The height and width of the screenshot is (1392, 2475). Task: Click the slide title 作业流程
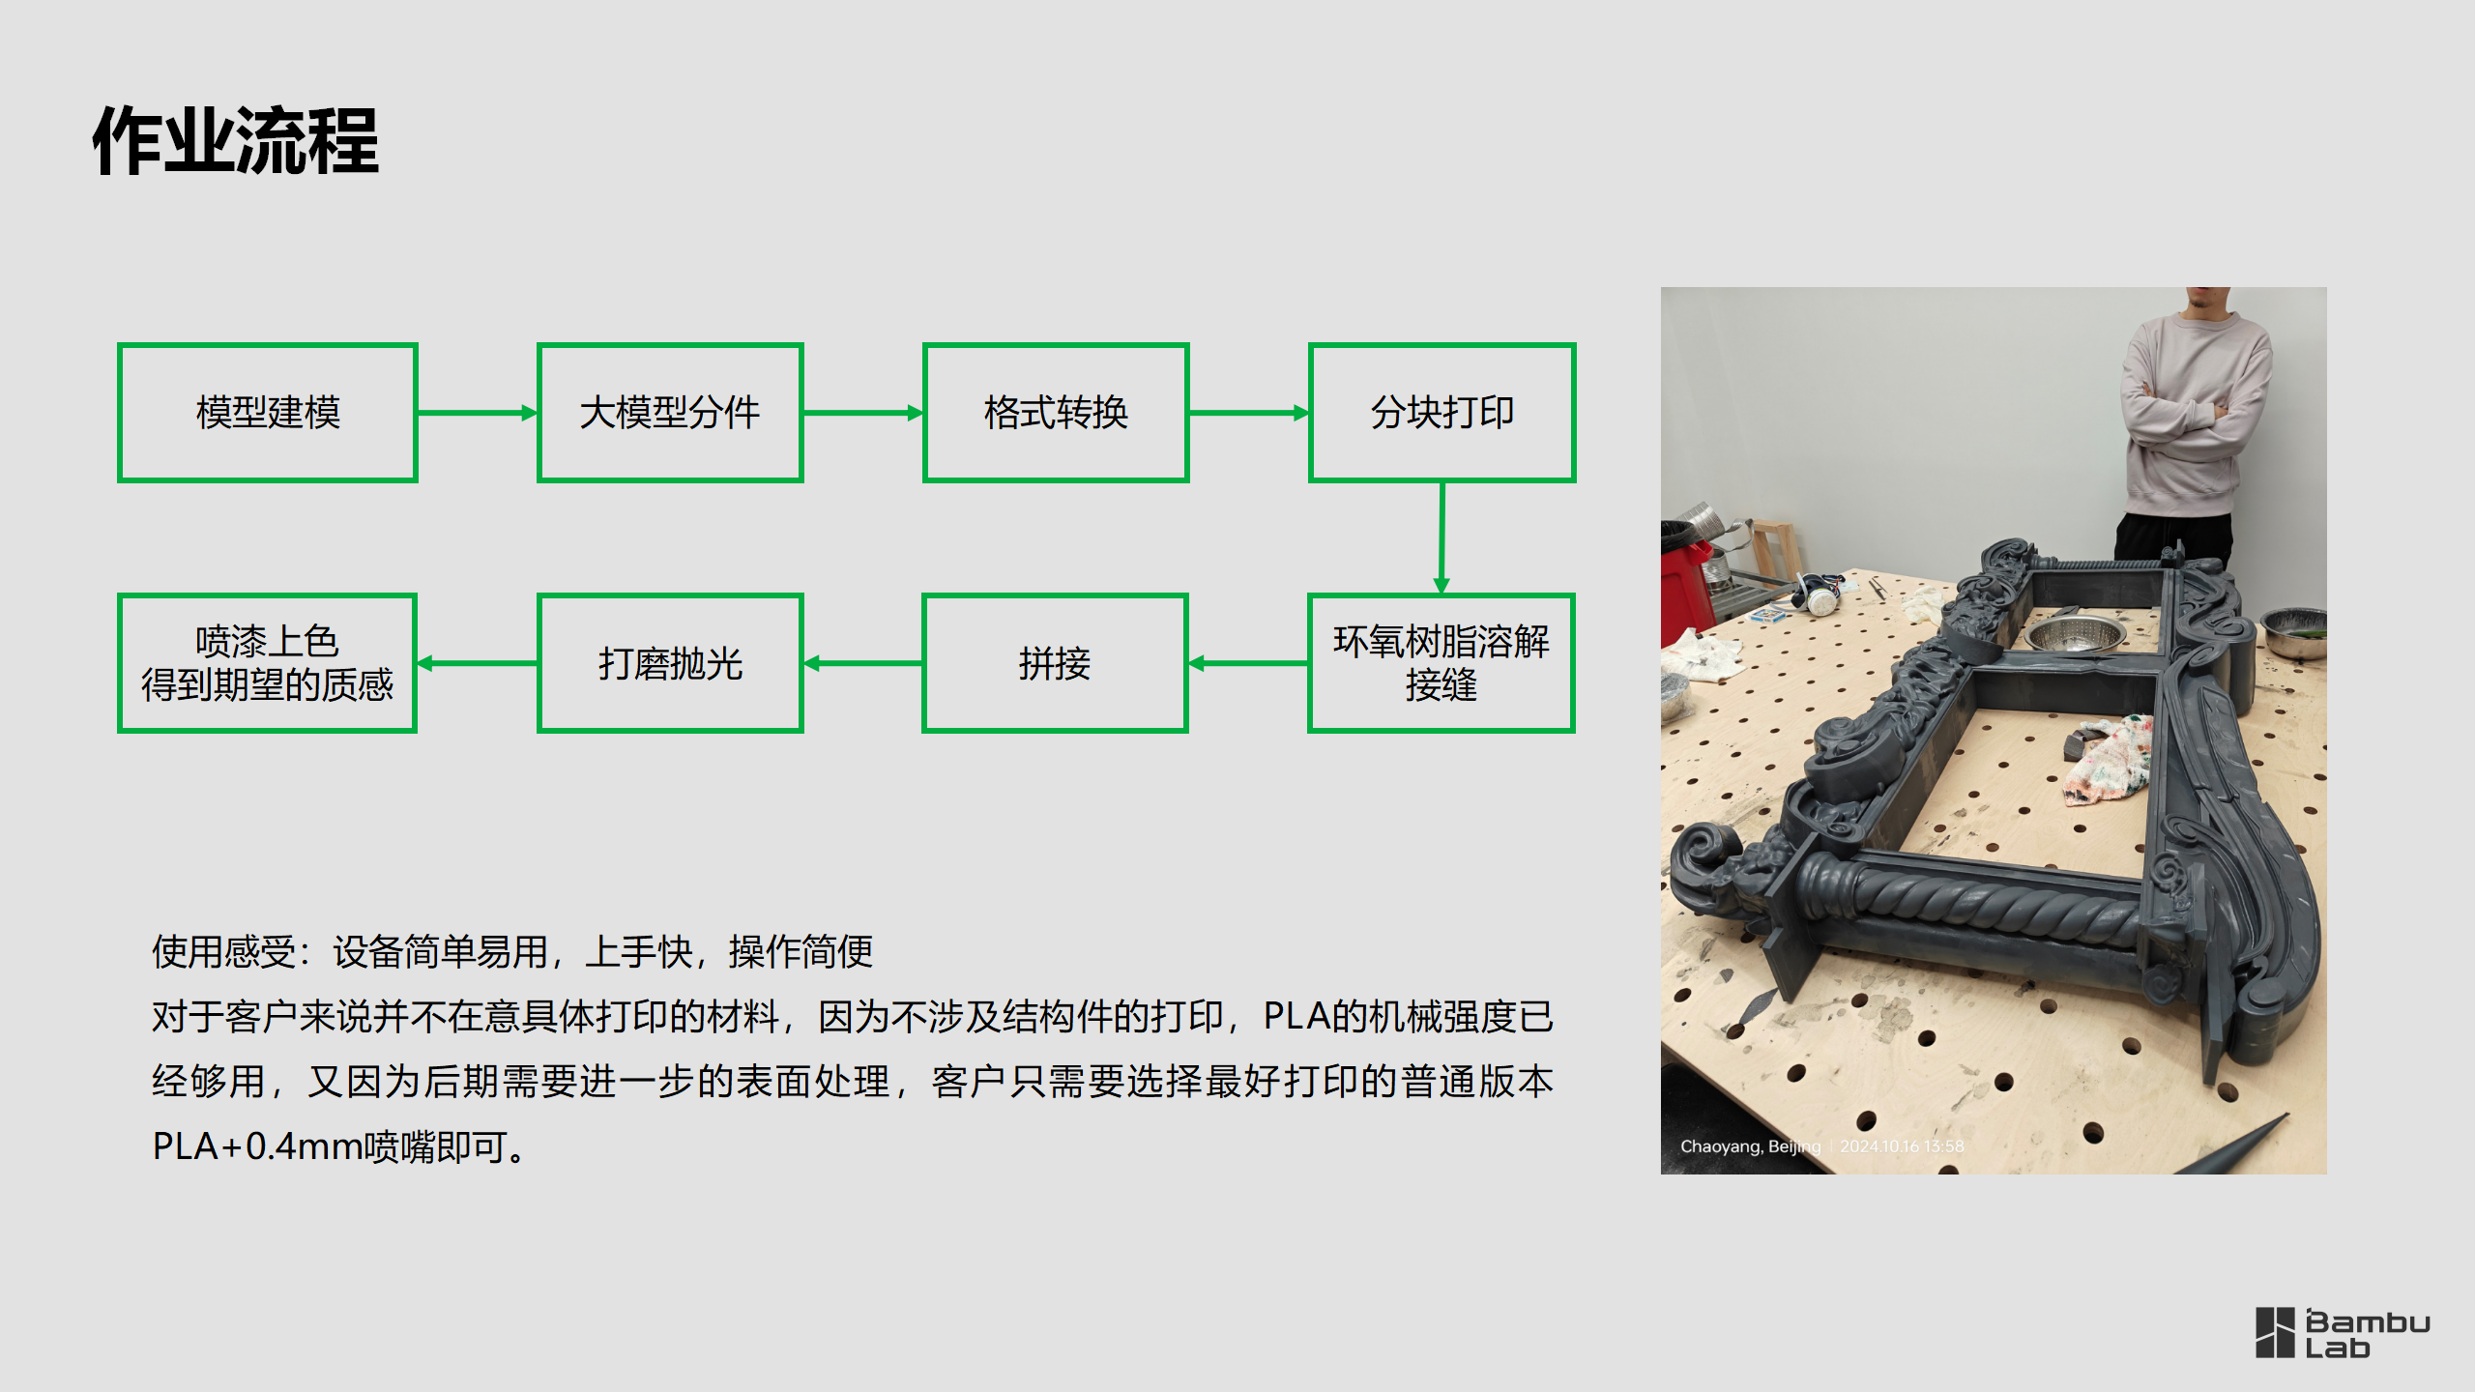(x=236, y=141)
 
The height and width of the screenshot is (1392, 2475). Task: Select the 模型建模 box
(x=268, y=413)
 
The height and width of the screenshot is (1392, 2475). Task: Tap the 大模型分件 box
(x=670, y=413)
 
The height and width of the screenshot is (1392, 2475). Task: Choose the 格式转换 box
(x=1056, y=413)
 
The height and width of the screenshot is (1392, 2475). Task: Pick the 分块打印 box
(x=1441, y=413)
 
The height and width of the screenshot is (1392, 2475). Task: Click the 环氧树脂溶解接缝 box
(x=1441, y=663)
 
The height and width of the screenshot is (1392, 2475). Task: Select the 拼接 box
(x=1055, y=663)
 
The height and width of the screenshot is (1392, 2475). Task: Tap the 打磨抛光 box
(x=670, y=663)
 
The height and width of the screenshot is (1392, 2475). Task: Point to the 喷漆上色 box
(x=267, y=663)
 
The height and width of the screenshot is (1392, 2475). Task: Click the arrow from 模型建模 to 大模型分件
(x=477, y=413)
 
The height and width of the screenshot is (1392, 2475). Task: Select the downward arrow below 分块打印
(x=1441, y=537)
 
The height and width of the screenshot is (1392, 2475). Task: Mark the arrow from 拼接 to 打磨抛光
(x=862, y=663)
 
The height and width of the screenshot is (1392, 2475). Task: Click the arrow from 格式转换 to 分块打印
(x=1248, y=413)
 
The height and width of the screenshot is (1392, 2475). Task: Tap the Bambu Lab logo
(x=2342, y=1334)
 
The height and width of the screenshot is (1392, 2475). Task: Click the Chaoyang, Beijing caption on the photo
(x=1750, y=1146)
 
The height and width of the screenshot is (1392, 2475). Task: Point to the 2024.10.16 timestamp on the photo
(x=1902, y=1146)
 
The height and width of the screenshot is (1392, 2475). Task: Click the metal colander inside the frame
(x=2075, y=634)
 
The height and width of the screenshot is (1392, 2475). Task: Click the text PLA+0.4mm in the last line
(x=256, y=1147)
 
